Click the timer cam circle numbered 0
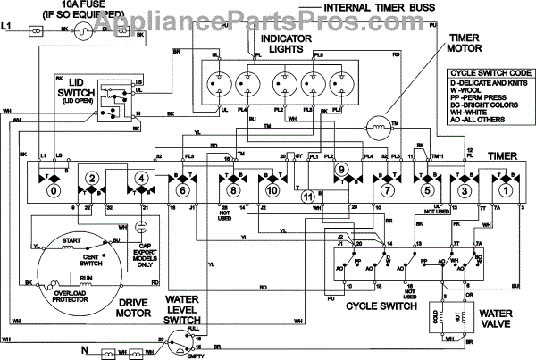54,189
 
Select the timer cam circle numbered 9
339,170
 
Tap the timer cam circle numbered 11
307,197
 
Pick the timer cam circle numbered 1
505,189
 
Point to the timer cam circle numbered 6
184,189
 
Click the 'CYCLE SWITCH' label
381,306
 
